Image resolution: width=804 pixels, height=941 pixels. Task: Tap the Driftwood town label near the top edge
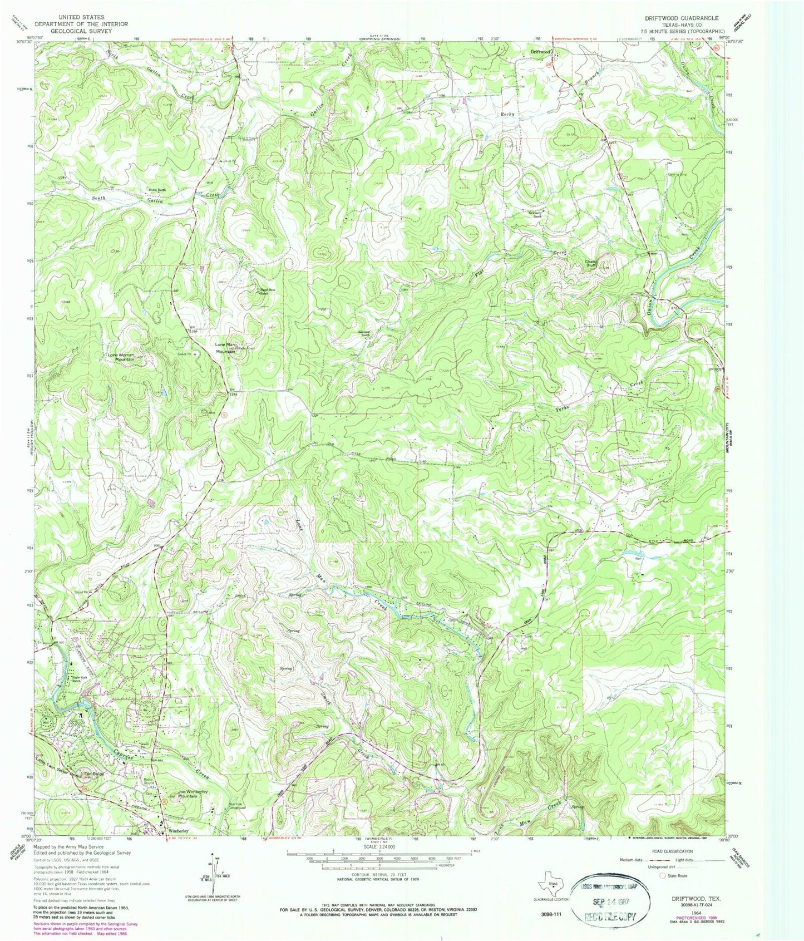[539, 51]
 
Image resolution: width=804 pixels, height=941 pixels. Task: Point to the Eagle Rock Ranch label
[79, 680]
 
